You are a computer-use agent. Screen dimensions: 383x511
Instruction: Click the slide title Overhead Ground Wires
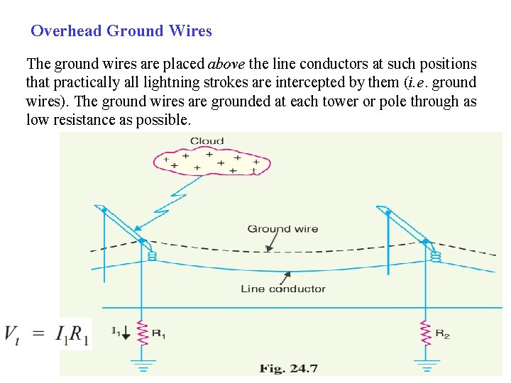point(121,31)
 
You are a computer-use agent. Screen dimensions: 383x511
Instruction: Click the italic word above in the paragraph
point(226,64)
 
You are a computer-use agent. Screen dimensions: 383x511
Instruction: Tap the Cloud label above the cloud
point(207,141)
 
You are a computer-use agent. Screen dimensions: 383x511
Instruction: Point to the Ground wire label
point(282,229)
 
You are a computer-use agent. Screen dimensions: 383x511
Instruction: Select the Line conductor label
point(282,289)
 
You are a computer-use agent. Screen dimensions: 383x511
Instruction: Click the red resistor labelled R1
point(142,333)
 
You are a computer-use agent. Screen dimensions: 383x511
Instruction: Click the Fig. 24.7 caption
point(287,368)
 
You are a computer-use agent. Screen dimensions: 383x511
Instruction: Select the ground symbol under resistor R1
point(142,365)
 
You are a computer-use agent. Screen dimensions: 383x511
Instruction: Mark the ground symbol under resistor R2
point(426,365)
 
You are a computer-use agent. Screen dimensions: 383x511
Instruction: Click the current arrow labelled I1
point(125,332)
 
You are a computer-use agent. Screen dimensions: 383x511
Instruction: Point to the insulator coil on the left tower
point(151,255)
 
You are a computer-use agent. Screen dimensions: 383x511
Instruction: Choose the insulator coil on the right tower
point(436,255)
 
